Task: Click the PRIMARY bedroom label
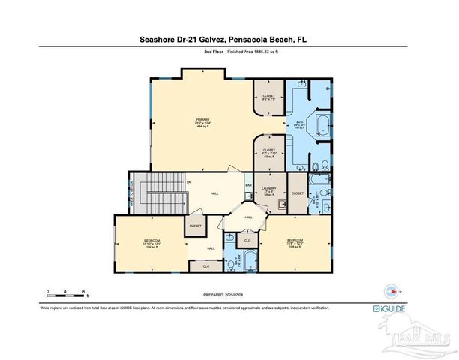pyautogui.click(x=202, y=124)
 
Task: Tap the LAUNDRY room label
pyautogui.click(x=268, y=191)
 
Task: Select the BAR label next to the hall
pyautogui.click(x=247, y=185)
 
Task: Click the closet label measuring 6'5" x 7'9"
pyautogui.click(x=268, y=97)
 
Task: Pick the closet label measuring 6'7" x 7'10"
pyautogui.click(x=269, y=151)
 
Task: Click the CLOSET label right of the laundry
pyautogui.click(x=297, y=193)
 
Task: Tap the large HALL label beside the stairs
pyautogui.click(x=214, y=193)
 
